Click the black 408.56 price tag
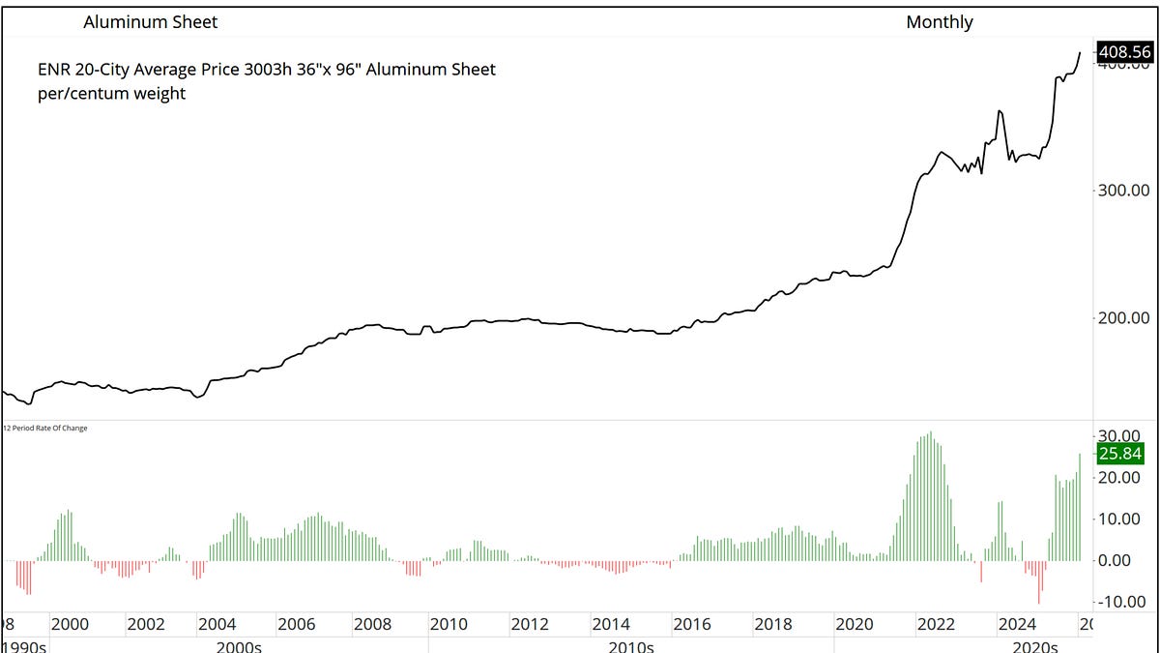point(1125,52)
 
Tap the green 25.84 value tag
point(1121,454)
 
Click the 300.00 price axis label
point(1126,191)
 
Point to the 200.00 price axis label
point(1126,318)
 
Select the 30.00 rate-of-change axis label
point(1121,435)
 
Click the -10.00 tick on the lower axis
point(1121,602)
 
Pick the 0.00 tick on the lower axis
point(1125,560)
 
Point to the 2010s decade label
point(633,646)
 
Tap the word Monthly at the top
point(939,21)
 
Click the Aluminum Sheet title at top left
point(151,21)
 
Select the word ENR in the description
point(54,70)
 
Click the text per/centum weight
point(111,95)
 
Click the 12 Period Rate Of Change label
point(45,428)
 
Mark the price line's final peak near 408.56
point(1081,52)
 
